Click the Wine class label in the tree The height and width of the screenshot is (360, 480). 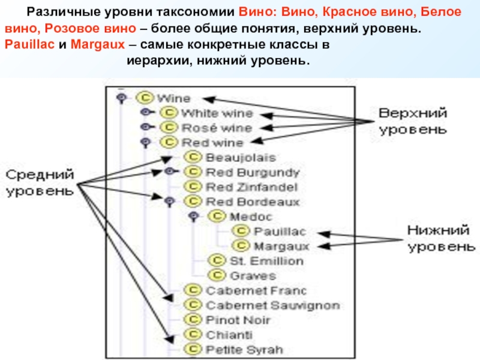pos(173,98)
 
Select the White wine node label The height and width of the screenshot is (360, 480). pos(217,113)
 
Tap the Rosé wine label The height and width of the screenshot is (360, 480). pos(217,128)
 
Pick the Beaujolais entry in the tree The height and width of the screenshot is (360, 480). pos(241,158)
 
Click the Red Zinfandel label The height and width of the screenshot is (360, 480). pos(251,187)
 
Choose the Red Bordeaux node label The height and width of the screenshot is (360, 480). pos(253,202)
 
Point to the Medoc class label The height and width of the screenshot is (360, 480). pos(251,217)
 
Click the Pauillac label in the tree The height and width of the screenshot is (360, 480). pos(280,232)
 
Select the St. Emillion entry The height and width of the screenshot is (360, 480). pos(266,261)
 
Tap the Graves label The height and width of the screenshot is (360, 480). pos(253,276)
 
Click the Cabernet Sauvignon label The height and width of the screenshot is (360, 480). pos(273,305)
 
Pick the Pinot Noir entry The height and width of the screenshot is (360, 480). pos(238,320)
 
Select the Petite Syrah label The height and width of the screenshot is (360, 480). pos(244,350)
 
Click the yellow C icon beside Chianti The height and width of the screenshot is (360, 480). pos(193,334)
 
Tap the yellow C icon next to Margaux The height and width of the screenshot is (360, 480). pos(241,245)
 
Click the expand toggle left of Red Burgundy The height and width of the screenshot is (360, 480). pos(170,171)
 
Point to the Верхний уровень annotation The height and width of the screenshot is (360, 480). pos(413,121)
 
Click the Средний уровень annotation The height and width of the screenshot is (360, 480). pos(40,183)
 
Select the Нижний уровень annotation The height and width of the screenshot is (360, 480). pos(441,238)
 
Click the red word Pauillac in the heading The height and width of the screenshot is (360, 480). pos(29,44)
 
